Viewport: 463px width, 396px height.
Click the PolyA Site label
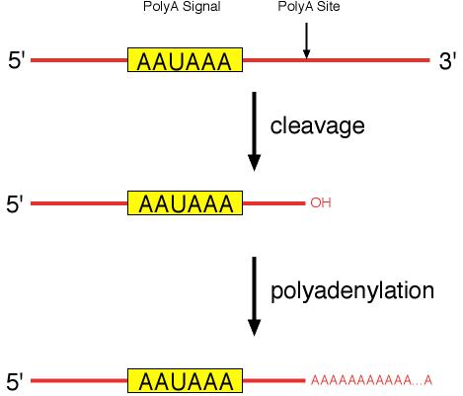coord(305,9)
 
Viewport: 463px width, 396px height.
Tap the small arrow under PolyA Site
coord(306,40)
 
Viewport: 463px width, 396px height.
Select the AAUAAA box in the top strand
coord(186,61)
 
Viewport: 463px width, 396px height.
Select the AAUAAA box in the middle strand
coord(186,203)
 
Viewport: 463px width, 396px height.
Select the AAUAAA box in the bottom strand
coord(186,380)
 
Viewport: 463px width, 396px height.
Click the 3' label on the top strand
coord(447,61)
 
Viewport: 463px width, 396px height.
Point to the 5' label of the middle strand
coord(16,204)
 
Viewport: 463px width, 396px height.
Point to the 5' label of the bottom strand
coord(16,381)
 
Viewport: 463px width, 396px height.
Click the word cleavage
coord(318,126)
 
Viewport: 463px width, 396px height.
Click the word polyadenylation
coord(351,291)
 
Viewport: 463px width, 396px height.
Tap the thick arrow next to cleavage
coord(255,128)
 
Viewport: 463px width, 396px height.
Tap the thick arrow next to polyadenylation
coord(255,294)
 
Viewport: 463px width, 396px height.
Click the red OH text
coord(320,203)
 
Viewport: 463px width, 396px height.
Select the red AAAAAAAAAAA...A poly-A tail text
coord(371,381)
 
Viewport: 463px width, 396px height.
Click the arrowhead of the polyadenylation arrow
coord(255,327)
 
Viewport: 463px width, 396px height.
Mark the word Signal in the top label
coord(200,9)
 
